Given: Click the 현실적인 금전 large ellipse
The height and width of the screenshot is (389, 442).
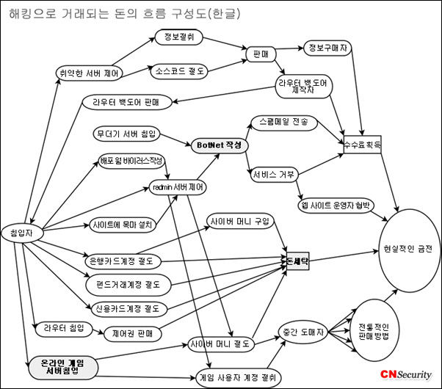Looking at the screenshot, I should pos(408,250).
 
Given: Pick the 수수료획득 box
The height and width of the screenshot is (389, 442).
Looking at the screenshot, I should pos(363,145).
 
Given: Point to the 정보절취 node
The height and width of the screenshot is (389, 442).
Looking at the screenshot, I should pos(179,37).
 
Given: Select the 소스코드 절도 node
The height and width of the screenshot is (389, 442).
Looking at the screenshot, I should pos(180,71).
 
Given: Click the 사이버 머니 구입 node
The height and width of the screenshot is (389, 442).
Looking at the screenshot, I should pos(239,220).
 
